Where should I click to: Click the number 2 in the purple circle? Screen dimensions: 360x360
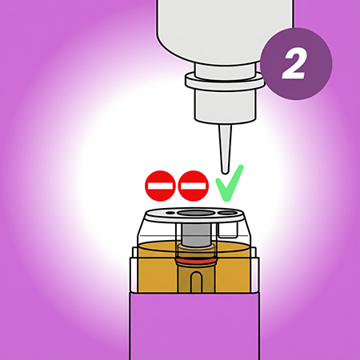(x=294, y=64)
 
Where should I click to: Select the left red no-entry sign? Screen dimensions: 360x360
(x=160, y=186)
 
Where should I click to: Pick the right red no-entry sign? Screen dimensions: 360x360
(x=193, y=186)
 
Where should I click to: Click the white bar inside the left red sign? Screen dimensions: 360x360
(x=160, y=186)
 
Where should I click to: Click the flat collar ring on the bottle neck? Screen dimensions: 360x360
(x=226, y=81)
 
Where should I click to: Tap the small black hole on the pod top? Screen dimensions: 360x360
(x=170, y=213)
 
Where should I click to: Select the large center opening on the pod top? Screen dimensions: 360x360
(x=195, y=213)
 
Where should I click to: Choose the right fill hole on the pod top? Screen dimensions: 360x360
(x=227, y=213)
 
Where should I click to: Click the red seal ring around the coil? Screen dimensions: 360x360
(x=195, y=261)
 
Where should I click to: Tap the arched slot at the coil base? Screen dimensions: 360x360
(x=195, y=282)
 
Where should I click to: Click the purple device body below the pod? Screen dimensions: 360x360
(x=194, y=326)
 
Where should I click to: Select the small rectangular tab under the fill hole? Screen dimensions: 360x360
(x=227, y=230)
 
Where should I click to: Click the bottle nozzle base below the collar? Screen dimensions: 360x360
(x=226, y=106)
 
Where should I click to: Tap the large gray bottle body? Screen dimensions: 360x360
(x=226, y=30)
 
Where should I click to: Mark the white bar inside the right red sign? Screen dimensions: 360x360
(x=193, y=186)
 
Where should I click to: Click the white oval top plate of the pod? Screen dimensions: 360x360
(x=194, y=215)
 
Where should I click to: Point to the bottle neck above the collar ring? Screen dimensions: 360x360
(x=226, y=70)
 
